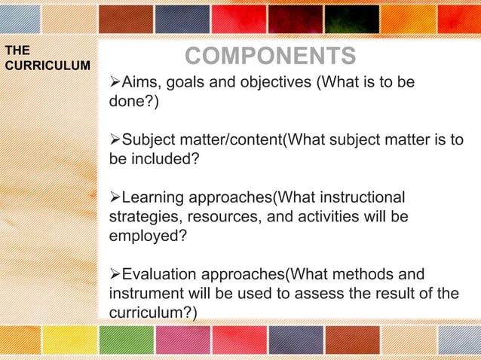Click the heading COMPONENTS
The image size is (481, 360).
tap(271, 56)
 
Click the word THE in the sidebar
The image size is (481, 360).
tap(17, 50)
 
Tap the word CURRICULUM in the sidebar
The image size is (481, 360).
tap(47, 65)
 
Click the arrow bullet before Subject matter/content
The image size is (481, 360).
tap(115, 139)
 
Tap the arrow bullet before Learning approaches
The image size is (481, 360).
tap(115, 198)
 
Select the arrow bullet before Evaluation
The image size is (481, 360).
tap(115, 274)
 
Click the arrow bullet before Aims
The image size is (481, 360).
tap(115, 81)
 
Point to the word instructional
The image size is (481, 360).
tap(360, 198)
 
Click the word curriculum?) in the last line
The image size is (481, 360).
tap(153, 313)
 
